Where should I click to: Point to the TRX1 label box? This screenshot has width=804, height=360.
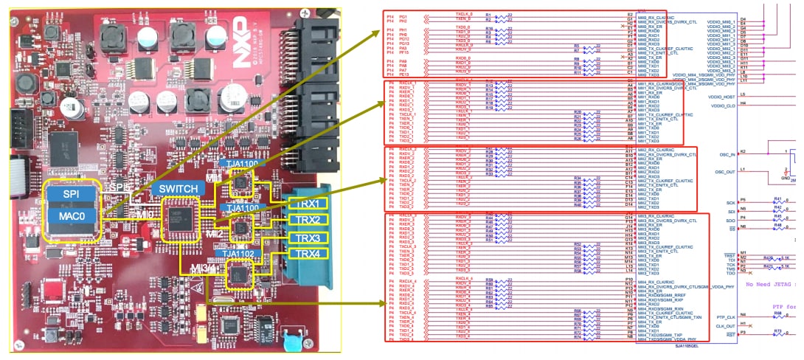pyautogui.click(x=303, y=203)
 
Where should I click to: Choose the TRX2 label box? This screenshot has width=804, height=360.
pyautogui.click(x=303, y=220)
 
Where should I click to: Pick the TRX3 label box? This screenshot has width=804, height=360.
pyautogui.click(x=303, y=238)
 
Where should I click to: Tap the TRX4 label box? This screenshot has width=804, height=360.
pyautogui.click(x=303, y=254)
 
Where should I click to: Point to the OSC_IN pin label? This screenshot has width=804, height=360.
pyautogui.click(x=727, y=154)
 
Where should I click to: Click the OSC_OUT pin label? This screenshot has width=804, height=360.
pyautogui.click(x=725, y=171)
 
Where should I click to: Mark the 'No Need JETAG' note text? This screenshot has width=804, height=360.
pyautogui.click(x=774, y=283)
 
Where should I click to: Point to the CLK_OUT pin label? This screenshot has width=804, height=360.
pyautogui.click(x=725, y=325)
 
